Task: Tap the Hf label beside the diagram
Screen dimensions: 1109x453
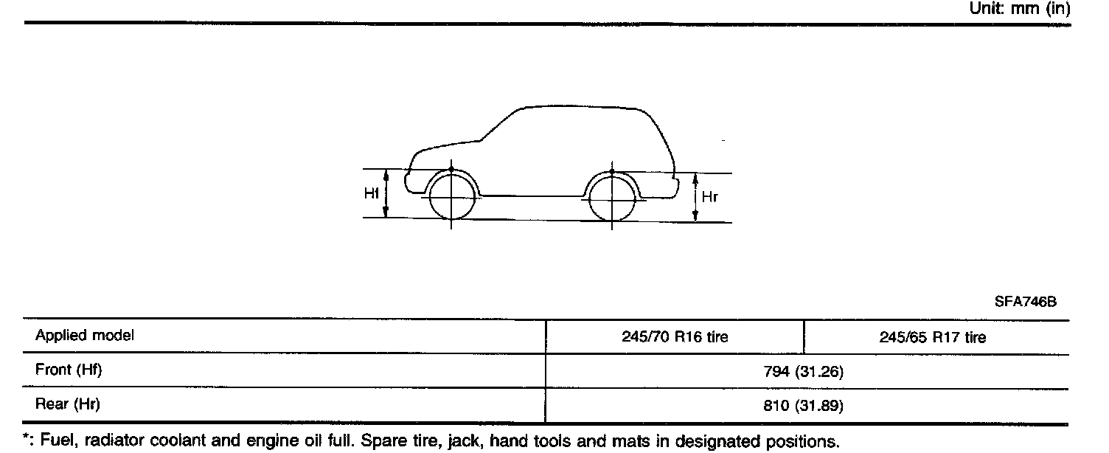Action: tap(372, 193)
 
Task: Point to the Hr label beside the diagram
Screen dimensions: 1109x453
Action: tap(710, 197)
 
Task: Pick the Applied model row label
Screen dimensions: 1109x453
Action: tap(85, 336)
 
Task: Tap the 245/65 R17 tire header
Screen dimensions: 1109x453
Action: tap(932, 337)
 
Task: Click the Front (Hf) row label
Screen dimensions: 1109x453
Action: tap(68, 370)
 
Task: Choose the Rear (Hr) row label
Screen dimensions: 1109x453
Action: tap(67, 404)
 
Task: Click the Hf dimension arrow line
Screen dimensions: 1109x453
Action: tap(386, 193)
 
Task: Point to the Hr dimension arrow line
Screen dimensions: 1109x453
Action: tap(695, 197)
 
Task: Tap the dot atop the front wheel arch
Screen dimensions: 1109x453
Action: tap(451, 169)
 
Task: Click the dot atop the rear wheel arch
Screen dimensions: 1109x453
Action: tap(611, 172)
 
